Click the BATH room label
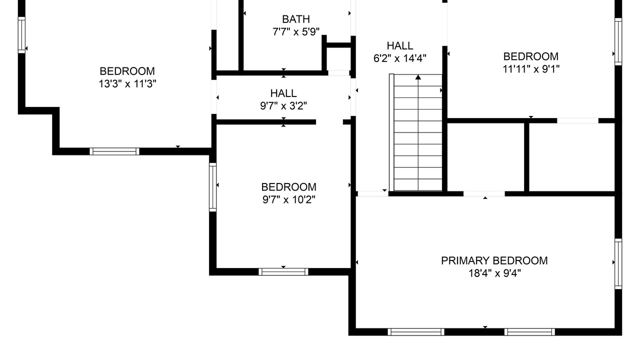[x=296, y=19]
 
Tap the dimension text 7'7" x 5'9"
[x=296, y=31]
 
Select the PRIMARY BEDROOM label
[x=494, y=260]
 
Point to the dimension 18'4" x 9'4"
[x=494, y=273]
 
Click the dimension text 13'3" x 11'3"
[x=127, y=83]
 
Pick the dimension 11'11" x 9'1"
[x=531, y=69]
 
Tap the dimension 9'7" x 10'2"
[x=289, y=199]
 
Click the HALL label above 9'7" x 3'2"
[x=283, y=93]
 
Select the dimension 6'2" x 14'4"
[x=399, y=58]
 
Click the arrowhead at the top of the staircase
[x=418, y=77]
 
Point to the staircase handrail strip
[x=391, y=132]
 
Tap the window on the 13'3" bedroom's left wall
[x=21, y=35]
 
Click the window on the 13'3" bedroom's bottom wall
[x=114, y=151]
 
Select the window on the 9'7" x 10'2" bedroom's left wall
[x=212, y=187]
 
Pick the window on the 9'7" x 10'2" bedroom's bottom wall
[x=283, y=271]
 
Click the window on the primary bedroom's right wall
[x=618, y=263]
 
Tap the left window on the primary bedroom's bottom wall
[x=416, y=331]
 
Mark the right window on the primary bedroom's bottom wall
[x=529, y=331]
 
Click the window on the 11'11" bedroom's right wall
[x=618, y=41]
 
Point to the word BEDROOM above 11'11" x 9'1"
[x=531, y=56]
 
